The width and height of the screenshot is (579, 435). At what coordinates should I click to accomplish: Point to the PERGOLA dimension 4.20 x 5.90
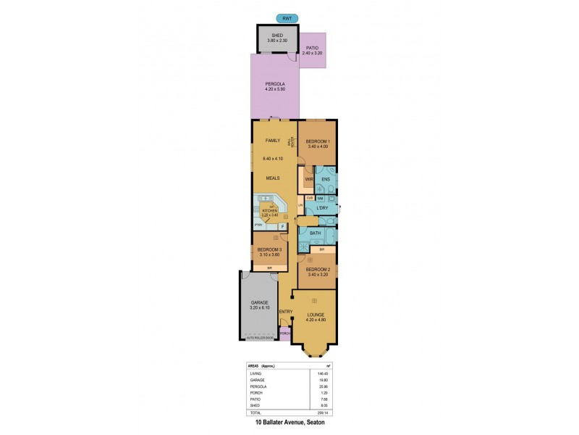(x=274, y=91)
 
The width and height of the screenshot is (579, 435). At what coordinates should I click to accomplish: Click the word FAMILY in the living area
(x=273, y=140)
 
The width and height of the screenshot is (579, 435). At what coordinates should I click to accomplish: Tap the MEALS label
(x=273, y=178)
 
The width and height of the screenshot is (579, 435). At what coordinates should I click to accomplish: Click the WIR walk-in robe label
(x=308, y=178)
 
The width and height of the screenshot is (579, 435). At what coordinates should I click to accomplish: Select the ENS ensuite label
(x=326, y=178)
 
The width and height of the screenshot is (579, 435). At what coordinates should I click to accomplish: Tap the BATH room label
(x=316, y=233)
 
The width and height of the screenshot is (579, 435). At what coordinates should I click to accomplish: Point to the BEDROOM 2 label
(x=318, y=270)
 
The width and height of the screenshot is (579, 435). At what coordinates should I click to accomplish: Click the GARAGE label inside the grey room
(x=260, y=302)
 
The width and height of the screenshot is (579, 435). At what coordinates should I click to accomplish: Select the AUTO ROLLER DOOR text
(x=259, y=338)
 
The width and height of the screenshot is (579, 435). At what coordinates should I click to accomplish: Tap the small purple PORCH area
(x=284, y=333)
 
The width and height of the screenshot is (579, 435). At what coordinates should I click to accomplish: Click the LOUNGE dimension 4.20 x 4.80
(x=313, y=320)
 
